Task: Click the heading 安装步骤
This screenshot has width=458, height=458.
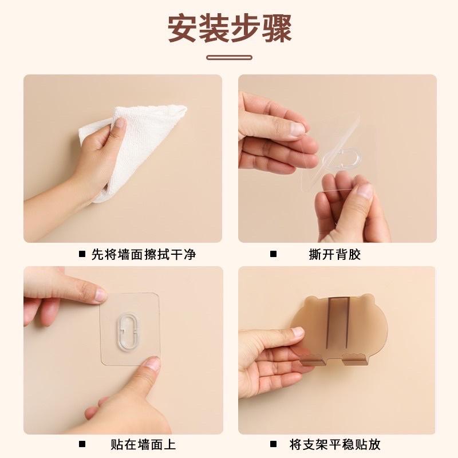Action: [229, 27]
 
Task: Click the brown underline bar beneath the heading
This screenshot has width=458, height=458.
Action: [229, 57]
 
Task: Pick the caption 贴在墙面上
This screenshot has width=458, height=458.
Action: [143, 444]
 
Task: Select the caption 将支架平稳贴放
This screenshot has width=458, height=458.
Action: [335, 444]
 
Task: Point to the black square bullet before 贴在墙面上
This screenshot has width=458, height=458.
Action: [82, 444]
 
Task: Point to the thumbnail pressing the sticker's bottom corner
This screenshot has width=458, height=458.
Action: [151, 364]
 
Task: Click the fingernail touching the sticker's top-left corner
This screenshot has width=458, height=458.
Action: [100, 295]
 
